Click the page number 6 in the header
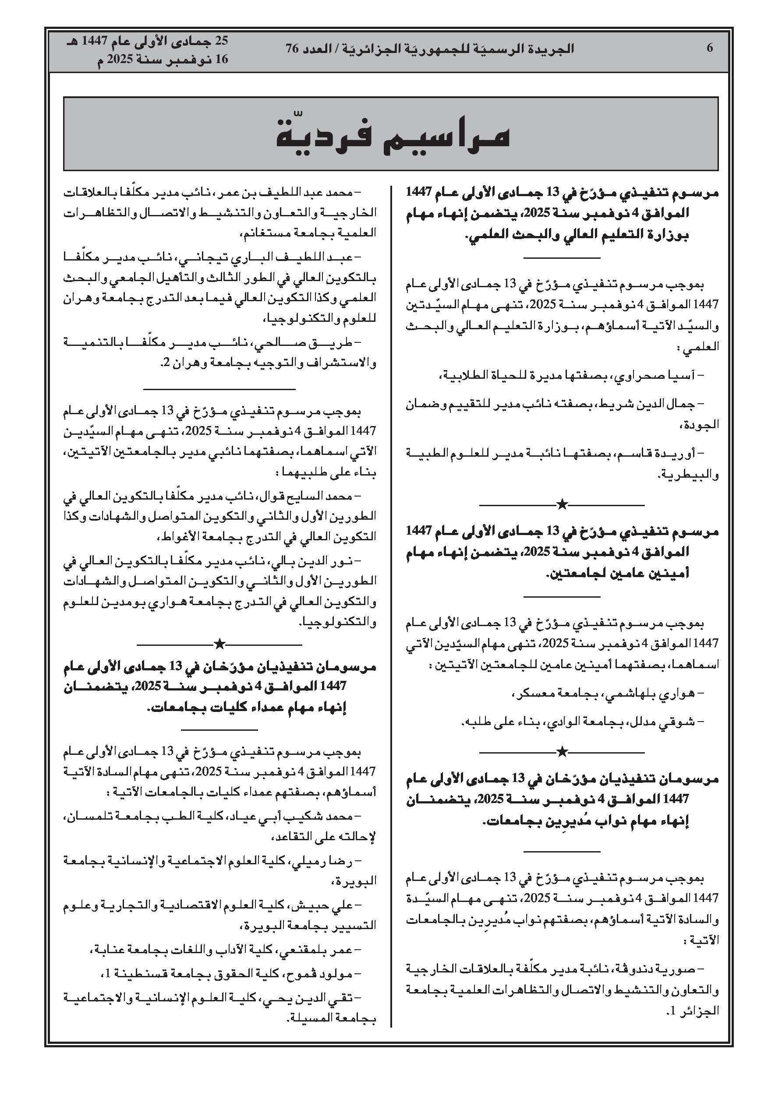[709, 48]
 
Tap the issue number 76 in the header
[292, 49]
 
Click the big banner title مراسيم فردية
[393, 135]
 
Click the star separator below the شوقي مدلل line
[562, 751]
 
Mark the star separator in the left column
[219, 644]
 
